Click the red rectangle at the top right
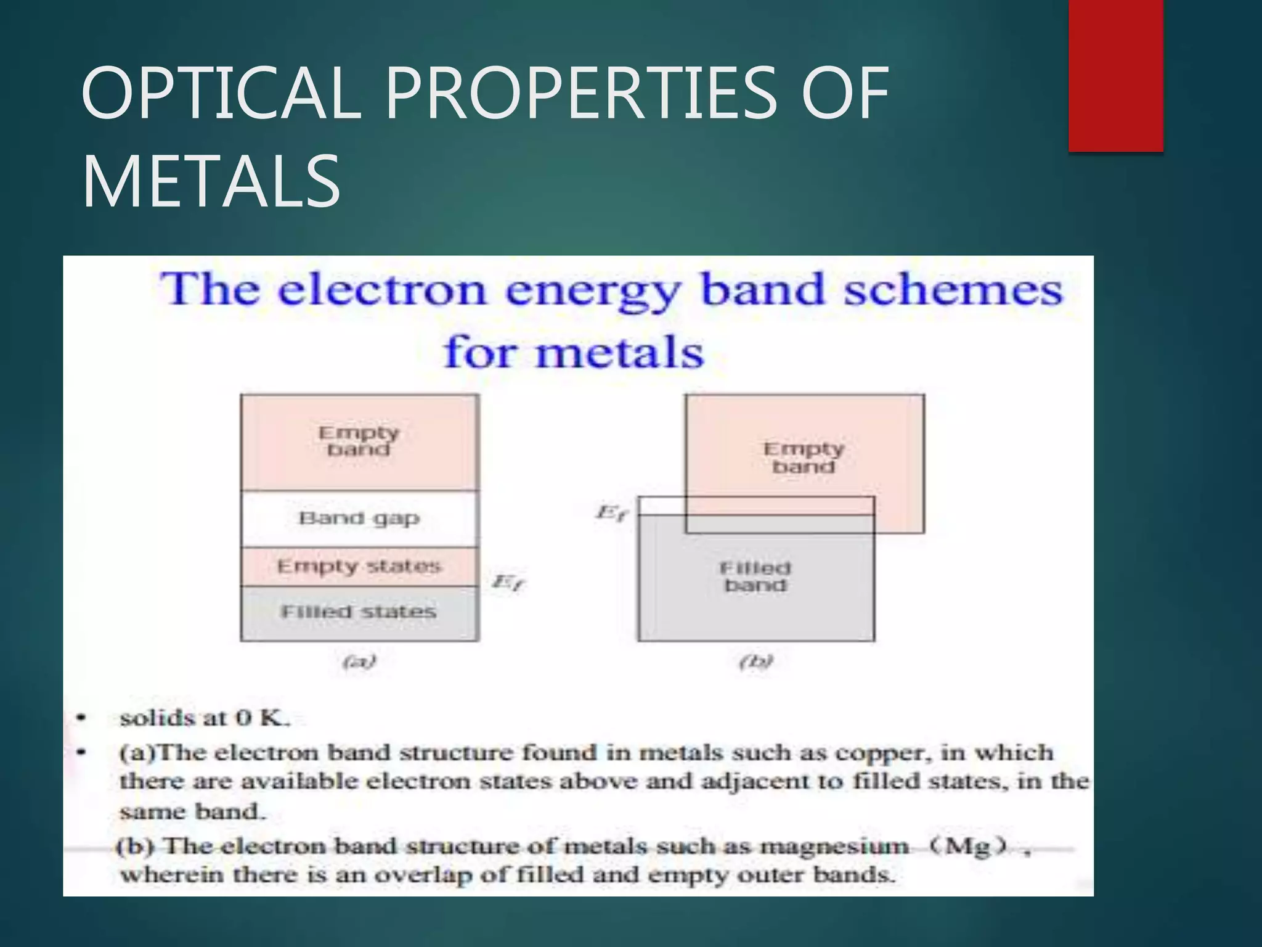coord(1115,75)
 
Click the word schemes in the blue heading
coord(953,290)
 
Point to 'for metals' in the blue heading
coord(574,353)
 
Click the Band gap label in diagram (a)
coord(359,518)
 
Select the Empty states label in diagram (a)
coord(359,566)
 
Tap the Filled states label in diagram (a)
coord(359,612)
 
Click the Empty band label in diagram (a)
coord(359,441)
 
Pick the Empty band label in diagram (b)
coord(804,457)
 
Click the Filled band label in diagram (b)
coord(755,576)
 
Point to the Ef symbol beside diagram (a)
coord(509,582)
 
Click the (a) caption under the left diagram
coord(359,662)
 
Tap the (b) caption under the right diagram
coord(756,662)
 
